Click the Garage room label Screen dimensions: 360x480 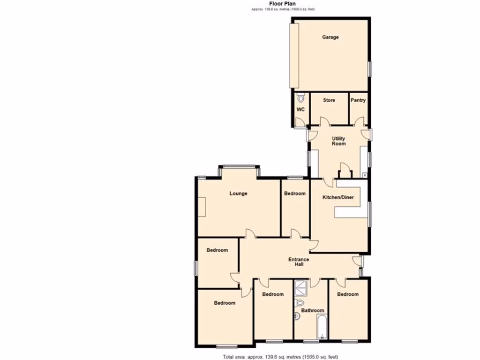[330, 37]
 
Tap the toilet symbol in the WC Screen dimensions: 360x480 [300, 98]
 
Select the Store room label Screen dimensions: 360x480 [329, 100]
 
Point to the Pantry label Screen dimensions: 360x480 [358, 100]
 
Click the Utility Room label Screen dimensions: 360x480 [338, 141]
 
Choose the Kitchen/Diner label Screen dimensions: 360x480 [337, 197]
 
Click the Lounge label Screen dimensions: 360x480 [238, 193]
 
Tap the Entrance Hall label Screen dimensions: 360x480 [299, 262]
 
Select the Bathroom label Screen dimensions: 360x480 [313, 310]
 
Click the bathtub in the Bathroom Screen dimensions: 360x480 [322, 327]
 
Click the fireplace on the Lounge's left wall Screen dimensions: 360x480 [201, 207]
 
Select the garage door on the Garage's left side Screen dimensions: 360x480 [294, 55]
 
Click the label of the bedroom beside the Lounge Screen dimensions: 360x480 [295, 194]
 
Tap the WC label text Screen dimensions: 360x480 [300, 109]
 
